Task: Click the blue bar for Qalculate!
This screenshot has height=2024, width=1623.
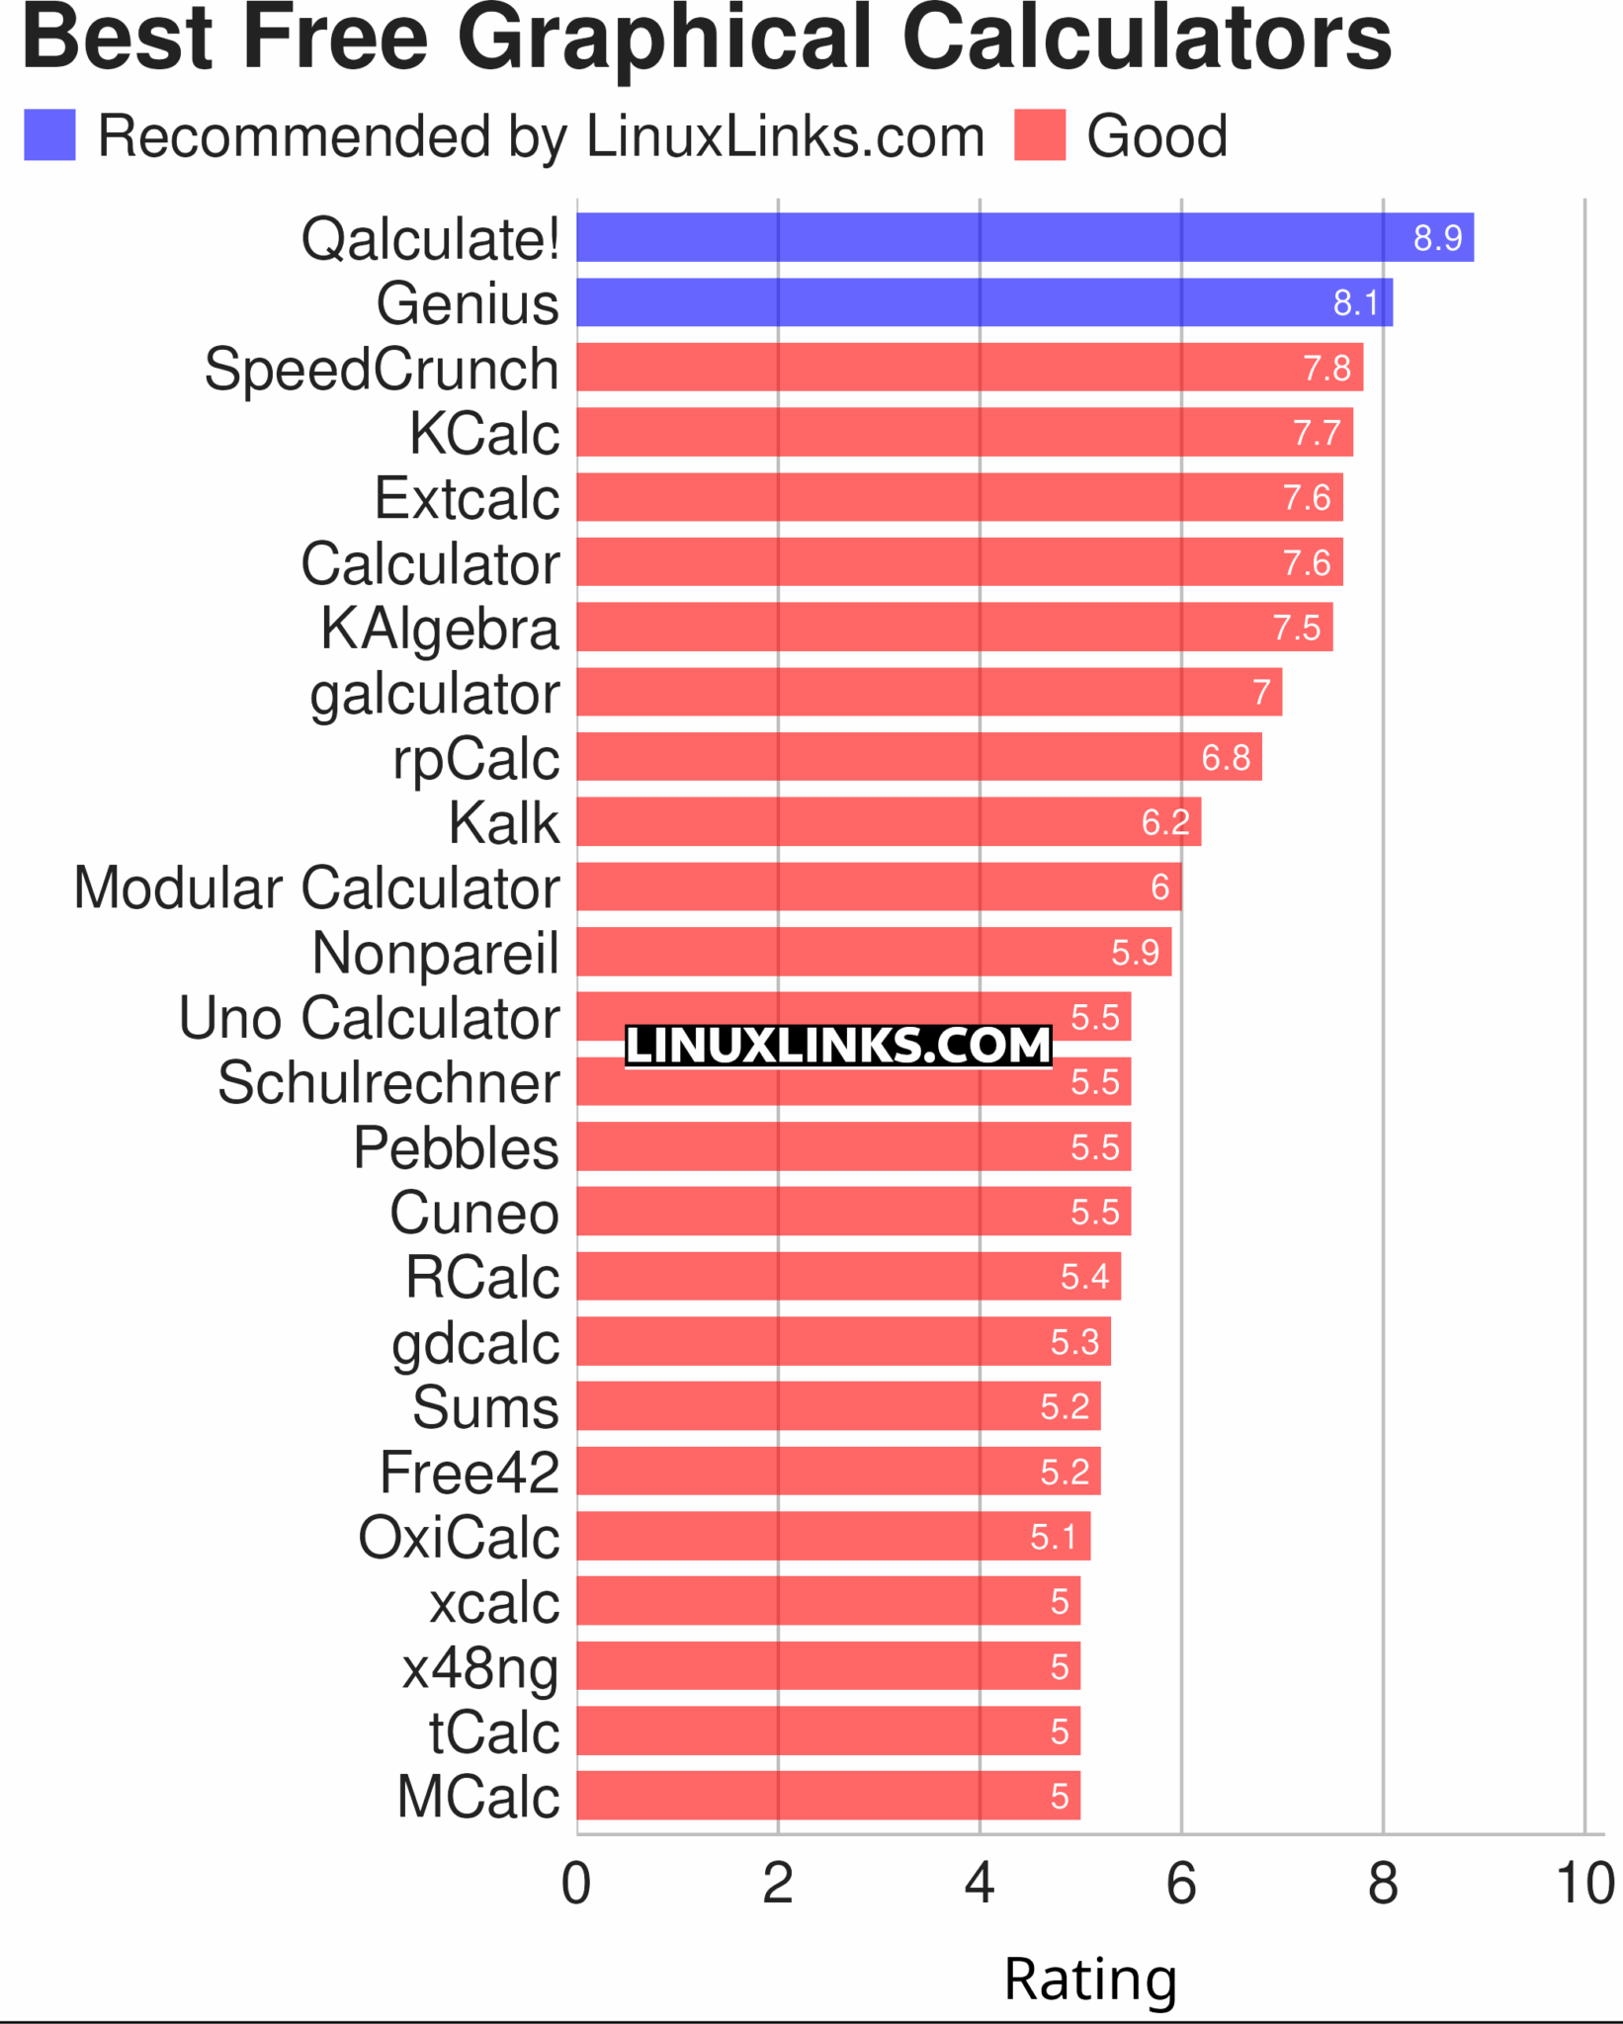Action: coord(1024,237)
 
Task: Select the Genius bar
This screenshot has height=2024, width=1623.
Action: coord(983,302)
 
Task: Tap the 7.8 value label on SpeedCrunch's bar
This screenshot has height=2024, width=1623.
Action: coord(1326,368)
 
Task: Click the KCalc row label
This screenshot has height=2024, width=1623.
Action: coord(484,433)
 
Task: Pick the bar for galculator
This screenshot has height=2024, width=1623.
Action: coord(929,692)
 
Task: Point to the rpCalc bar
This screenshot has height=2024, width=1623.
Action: coord(919,757)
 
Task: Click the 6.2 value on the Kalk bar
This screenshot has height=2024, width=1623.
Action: coord(1165,822)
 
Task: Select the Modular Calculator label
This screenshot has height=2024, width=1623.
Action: coord(316,887)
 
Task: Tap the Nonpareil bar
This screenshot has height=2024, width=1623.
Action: coord(874,952)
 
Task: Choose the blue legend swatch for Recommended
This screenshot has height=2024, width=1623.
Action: coord(49,135)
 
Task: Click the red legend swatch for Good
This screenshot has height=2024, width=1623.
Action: coord(1040,135)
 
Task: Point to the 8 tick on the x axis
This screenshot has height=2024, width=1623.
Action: coord(1382,1883)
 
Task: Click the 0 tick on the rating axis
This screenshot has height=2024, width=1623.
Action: coord(576,1883)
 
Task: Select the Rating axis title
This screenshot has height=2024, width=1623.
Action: coord(1090,1980)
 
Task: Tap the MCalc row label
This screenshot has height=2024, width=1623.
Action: coord(478,1796)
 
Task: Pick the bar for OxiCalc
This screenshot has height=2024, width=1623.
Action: coord(833,1537)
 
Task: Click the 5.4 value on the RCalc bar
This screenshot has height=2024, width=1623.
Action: coord(1084,1277)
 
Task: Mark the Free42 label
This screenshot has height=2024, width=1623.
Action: coord(470,1473)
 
